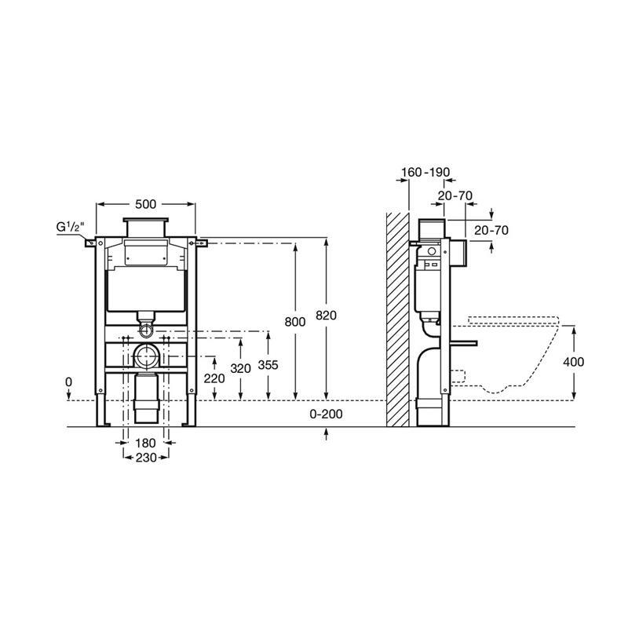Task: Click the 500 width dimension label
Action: coord(145,204)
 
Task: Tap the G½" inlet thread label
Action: coord(70,227)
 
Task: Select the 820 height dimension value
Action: coord(326,316)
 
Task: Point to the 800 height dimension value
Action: coord(295,322)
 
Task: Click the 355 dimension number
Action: coord(268,365)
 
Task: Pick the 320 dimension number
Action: coord(240,368)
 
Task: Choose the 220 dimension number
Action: coord(214,378)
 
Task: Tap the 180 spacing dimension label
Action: coord(145,443)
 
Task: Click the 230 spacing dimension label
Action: coord(145,458)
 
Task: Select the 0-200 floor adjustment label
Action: coord(326,414)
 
